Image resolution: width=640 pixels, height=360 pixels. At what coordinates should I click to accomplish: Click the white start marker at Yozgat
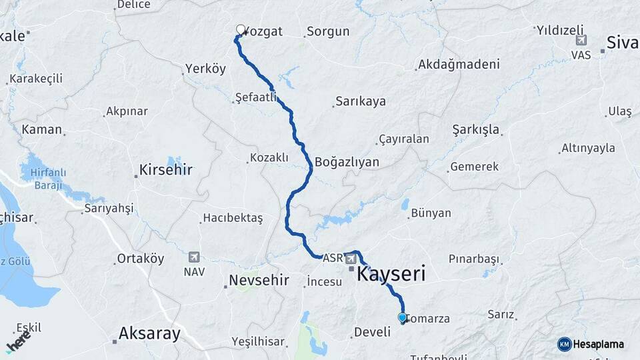[x=241, y=29]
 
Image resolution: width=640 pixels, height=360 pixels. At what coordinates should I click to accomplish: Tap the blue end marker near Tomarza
[x=402, y=317]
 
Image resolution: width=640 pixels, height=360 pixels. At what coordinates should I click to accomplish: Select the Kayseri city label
[x=391, y=273]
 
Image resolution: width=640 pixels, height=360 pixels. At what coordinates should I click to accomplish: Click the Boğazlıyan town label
[x=347, y=162]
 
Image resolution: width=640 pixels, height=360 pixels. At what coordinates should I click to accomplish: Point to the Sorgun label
[x=327, y=31]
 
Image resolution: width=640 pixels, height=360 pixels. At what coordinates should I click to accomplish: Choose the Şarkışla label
[x=475, y=129]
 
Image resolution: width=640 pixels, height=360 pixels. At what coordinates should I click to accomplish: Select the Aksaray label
[x=149, y=333]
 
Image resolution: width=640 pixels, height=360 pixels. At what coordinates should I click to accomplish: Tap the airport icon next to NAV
[x=194, y=257]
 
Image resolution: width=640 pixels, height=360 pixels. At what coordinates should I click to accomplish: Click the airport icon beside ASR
[x=350, y=257]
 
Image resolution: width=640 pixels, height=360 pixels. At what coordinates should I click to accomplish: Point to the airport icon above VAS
[x=581, y=41]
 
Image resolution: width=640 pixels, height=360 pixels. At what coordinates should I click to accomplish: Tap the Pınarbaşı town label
[x=474, y=258]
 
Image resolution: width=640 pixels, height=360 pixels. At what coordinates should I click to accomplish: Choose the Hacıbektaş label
[x=233, y=218]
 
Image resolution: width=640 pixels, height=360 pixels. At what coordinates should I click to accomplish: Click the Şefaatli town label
[x=257, y=98]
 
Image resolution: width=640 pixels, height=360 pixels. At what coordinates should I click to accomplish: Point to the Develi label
[x=372, y=332]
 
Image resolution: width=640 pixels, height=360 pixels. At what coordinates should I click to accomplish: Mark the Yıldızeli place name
[x=560, y=30]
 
